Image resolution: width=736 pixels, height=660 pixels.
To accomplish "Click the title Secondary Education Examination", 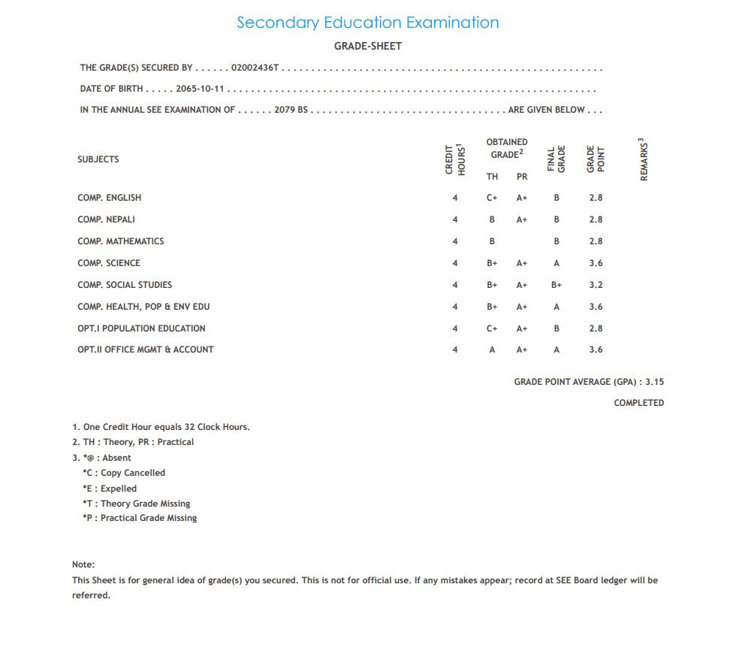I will coord(367,23).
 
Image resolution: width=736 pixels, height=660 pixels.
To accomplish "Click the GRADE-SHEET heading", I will coord(368,46).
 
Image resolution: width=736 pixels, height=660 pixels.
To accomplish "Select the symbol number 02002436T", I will coord(255,68).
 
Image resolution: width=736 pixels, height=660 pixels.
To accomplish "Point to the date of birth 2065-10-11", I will coord(201,89).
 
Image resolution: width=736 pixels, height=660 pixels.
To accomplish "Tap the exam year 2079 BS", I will coord(291,110).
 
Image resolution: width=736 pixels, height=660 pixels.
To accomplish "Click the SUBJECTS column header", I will coord(98,159).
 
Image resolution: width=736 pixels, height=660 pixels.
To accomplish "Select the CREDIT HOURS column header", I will coord(455,159).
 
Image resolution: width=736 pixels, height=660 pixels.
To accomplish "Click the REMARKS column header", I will coord(644,159).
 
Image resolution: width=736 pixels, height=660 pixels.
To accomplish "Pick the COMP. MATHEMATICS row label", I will coord(120,241).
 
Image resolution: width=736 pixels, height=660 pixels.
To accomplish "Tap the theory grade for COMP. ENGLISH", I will coord(492,198).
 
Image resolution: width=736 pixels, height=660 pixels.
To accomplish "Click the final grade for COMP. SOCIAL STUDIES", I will coord(557,285).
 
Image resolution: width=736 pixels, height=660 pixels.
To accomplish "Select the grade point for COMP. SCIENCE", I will coord(596,263).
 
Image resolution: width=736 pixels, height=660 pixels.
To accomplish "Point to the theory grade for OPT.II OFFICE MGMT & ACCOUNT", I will coord(492,350).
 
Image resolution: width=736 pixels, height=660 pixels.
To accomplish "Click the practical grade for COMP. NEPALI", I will coord(522,219).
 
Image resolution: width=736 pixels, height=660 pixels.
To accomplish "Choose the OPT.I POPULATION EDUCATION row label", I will coord(141,328).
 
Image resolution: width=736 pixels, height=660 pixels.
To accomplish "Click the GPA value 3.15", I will coord(654,382).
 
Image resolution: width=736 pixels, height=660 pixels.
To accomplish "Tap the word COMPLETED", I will coord(638,403).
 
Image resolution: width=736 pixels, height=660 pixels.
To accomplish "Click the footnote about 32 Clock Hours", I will coord(161,427).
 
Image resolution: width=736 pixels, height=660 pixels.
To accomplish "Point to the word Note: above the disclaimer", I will coord(83,565).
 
